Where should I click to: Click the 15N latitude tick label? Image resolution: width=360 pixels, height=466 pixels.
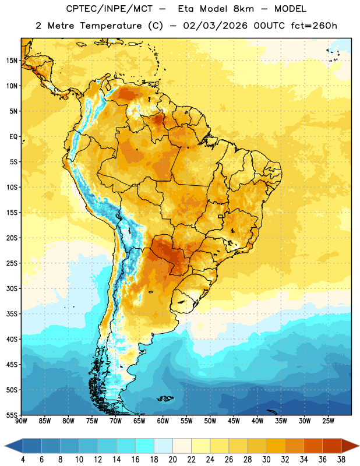[12, 61]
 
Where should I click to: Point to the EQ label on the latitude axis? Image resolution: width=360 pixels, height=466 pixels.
[13, 137]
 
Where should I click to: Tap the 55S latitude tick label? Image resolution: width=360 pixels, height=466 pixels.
[12, 415]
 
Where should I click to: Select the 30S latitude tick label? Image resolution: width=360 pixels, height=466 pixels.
[12, 288]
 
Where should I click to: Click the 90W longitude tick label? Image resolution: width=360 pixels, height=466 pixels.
[21, 421]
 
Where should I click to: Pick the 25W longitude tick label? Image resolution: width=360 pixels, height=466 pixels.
[328, 421]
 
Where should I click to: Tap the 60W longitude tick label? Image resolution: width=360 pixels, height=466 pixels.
[163, 421]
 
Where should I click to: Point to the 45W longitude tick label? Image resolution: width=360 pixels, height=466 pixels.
[234, 421]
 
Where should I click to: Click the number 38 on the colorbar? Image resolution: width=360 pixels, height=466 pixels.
[341, 460]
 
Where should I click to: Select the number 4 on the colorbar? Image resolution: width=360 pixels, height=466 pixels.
[23, 460]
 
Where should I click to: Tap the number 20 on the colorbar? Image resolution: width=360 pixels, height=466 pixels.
[172, 460]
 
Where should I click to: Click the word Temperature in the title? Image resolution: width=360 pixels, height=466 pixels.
[111, 26]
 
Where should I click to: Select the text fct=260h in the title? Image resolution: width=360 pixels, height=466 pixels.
[314, 26]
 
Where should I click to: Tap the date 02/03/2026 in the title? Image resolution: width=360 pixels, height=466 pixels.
[215, 26]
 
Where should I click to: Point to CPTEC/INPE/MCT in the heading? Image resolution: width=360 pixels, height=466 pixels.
[109, 9]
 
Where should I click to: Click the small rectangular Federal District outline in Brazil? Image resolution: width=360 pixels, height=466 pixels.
[221, 216]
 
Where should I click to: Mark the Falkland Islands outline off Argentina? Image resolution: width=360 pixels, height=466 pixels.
[165, 398]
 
